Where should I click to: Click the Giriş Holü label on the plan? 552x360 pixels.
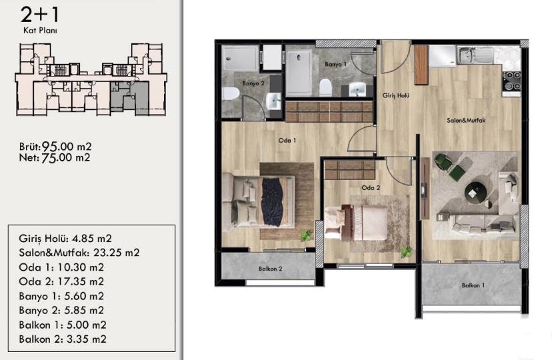click(x=396, y=95)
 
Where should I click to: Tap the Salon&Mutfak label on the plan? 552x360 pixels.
click(x=466, y=121)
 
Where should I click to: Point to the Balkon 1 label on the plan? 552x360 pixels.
click(x=473, y=285)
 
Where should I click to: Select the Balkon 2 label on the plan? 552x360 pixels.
click(x=271, y=269)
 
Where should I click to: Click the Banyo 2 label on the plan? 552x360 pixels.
click(x=253, y=83)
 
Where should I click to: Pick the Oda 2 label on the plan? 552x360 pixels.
click(x=371, y=188)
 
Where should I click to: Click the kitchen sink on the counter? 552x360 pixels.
click(x=475, y=55)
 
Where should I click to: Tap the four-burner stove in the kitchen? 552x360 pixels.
click(x=511, y=81)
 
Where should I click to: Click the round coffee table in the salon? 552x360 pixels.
click(x=475, y=193)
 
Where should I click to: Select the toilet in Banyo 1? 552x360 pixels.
click(x=325, y=87)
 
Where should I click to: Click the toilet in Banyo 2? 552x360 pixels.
click(x=231, y=93)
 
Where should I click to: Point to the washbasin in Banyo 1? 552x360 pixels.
click(x=357, y=89)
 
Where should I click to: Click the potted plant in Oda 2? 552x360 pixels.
click(x=407, y=252)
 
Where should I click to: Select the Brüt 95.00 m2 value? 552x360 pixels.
click(x=55, y=147)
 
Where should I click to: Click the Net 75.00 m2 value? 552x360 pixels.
click(x=55, y=157)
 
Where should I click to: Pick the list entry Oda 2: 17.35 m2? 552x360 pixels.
click(x=61, y=281)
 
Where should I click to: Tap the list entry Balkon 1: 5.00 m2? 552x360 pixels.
click(x=63, y=325)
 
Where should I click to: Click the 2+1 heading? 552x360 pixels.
click(x=40, y=15)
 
